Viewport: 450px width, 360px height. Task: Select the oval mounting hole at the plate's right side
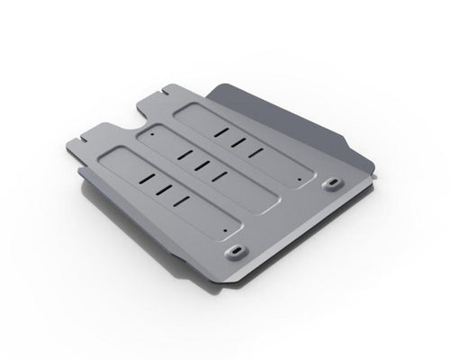tap(328, 184)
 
